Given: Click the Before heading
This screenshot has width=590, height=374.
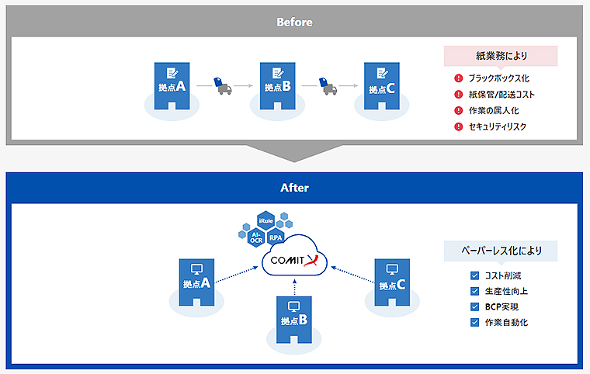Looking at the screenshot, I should coord(294,22).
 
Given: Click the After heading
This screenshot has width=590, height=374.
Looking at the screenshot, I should coord(294,188).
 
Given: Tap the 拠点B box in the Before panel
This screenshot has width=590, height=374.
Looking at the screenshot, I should coord(276,83).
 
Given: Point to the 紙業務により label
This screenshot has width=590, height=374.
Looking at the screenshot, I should coord(501,56).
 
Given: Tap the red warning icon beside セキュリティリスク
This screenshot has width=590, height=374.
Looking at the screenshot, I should coord(458,126).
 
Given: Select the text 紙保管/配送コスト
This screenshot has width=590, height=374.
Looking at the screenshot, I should coord(501,94).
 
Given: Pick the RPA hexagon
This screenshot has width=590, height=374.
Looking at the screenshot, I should coord(276,238).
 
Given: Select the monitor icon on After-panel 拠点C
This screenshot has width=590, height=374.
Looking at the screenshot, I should coord(391,269).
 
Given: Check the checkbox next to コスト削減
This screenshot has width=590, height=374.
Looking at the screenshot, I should coord(474,275).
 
